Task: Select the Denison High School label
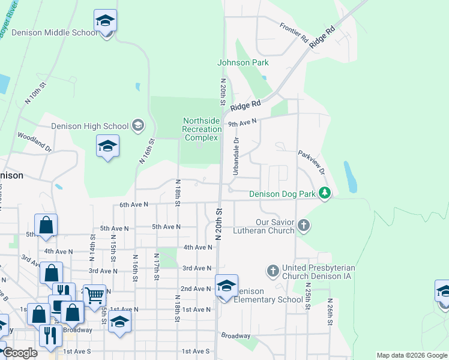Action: point(90,126)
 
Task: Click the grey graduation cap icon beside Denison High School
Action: point(138,125)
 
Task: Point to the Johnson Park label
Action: point(243,62)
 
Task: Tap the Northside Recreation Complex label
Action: point(202,129)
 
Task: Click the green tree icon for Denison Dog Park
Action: point(325,193)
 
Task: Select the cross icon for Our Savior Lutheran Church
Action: point(304,226)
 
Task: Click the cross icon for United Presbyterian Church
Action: point(273,271)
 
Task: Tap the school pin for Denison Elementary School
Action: point(226,286)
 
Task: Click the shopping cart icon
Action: point(94,295)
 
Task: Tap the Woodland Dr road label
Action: point(35,141)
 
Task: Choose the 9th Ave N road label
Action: point(243,123)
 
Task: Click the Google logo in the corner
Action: point(20,353)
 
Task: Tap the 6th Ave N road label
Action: point(134,205)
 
